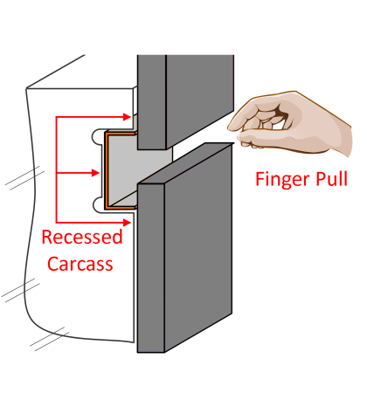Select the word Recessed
[82, 238]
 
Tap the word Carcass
[81, 262]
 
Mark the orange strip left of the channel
[106, 171]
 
